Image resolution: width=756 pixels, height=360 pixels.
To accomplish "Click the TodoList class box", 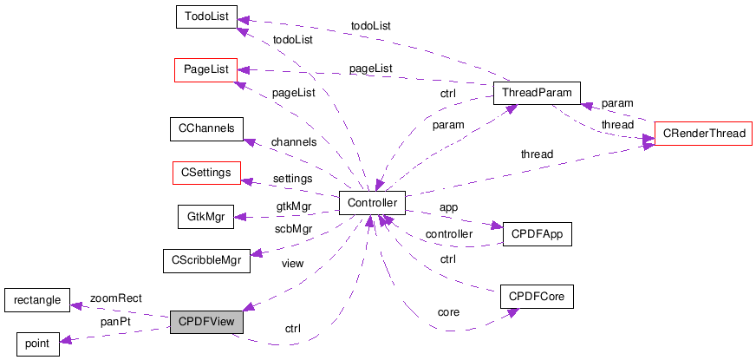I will (x=205, y=17).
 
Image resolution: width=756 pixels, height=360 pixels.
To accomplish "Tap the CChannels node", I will (x=206, y=129).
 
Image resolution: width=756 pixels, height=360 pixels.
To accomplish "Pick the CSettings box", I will (x=206, y=173).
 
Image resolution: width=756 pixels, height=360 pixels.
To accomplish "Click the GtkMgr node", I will (x=205, y=216).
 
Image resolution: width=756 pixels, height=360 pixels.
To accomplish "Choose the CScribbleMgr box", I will (x=206, y=259).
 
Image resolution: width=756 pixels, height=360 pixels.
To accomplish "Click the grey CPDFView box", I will (x=206, y=322).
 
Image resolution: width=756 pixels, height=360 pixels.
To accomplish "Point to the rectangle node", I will (x=36, y=300).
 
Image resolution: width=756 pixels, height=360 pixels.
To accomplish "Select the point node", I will (x=36, y=344).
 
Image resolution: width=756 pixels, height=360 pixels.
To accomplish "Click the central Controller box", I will (x=372, y=203).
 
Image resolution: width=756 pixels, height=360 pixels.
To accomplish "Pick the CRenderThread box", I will (x=701, y=134).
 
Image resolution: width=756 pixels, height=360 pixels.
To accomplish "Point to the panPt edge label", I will (x=115, y=322).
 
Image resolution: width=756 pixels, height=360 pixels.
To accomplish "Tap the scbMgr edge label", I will (x=293, y=229).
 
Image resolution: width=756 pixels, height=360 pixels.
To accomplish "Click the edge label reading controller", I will (x=448, y=233).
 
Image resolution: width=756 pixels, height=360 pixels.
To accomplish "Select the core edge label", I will (x=448, y=311).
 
